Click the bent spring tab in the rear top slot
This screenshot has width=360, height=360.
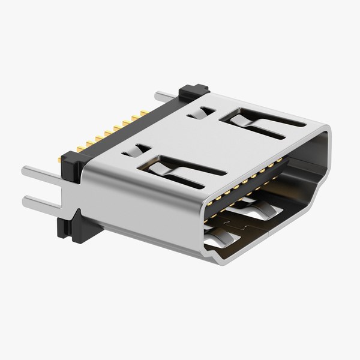point(243,120)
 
